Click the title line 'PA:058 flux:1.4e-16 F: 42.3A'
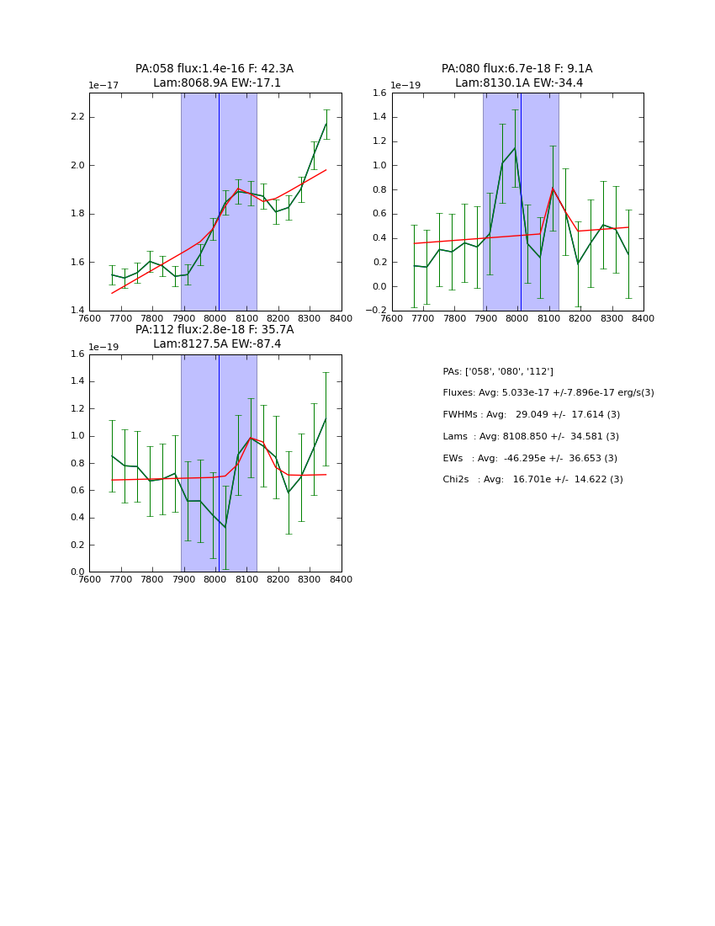pyautogui.click(x=214, y=69)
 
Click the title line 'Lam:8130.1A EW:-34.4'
pyautogui.click(x=518, y=83)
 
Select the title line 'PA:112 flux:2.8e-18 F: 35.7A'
pyautogui.click(x=214, y=330)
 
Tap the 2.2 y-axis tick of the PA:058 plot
pyautogui.click(x=77, y=117)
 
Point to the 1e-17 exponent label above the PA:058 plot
pyautogui.click(x=103, y=86)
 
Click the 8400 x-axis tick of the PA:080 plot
pyautogui.click(x=643, y=318)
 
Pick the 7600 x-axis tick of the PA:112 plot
pyautogui.click(x=89, y=579)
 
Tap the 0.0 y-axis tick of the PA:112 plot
pyautogui.click(x=77, y=572)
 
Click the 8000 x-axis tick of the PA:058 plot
pyautogui.click(x=215, y=318)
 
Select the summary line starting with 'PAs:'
pyautogui.click(x=498, y=371)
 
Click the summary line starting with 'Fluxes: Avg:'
pyautogui.click(x=548, y=393)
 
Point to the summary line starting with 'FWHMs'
pyautogui.click(x=531, y=415)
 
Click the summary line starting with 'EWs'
pyautogui.click(x=529, y=458)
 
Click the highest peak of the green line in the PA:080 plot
pyautogui.click(x=515, y=148)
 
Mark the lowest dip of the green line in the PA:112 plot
pyautogui.click(x=225, y=528)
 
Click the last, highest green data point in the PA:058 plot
pyautogui.click(x=326, y=124)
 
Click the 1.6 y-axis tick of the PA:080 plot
pyautogui.click(x=378, y=93)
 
